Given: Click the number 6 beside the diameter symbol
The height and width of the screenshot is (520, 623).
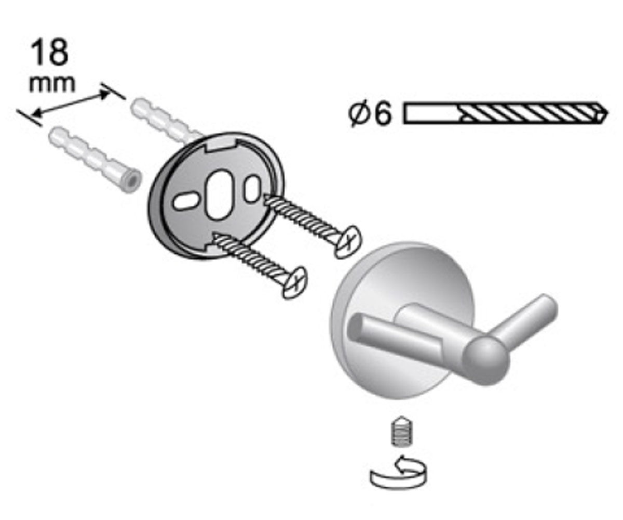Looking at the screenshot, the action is [x=382, y=114].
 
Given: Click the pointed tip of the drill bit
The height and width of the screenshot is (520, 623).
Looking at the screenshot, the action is [x=607, y=114].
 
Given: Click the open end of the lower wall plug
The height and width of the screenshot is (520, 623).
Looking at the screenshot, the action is [x=131, y=181].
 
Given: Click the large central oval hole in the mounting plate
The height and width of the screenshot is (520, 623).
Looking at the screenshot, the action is [x=219, y=196].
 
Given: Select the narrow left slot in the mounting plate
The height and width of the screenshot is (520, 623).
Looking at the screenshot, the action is [x=187, y=203].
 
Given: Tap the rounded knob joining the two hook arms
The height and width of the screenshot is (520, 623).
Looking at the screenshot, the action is [x=486, y=358].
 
